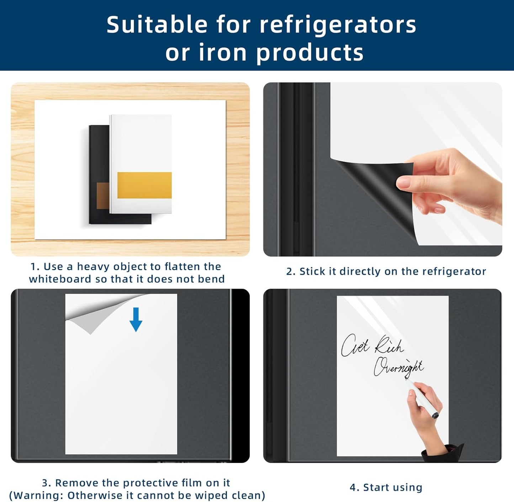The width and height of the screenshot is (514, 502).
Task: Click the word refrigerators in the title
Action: pos(338,25)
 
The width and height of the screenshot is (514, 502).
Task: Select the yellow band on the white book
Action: pos(144,185)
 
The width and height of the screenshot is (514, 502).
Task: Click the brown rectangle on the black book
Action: pos(103,196)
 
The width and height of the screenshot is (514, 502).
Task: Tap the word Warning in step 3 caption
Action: pos(38,495)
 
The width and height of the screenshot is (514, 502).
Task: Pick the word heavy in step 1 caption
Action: pos(90,267)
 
